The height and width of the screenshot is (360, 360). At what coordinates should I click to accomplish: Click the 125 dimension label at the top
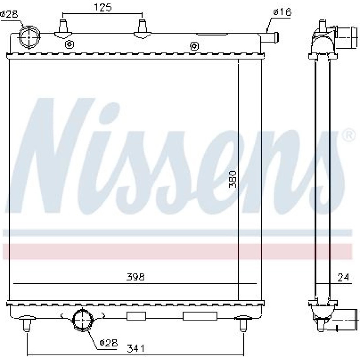[103, 8]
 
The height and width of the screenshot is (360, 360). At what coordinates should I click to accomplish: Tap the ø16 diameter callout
[282, 12]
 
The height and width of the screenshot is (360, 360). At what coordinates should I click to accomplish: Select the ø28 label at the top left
[9, 14]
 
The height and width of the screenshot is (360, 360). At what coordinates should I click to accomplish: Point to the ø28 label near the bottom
[109, 343]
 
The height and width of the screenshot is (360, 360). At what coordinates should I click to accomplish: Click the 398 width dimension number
[135, 277]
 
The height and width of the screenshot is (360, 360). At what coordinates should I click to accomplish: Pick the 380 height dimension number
[233, 179]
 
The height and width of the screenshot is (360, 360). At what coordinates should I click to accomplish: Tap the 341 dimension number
[136, 348]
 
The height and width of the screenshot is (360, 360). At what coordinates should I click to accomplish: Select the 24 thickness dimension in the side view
[343, 277]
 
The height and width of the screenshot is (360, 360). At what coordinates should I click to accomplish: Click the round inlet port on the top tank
[29, 37]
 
